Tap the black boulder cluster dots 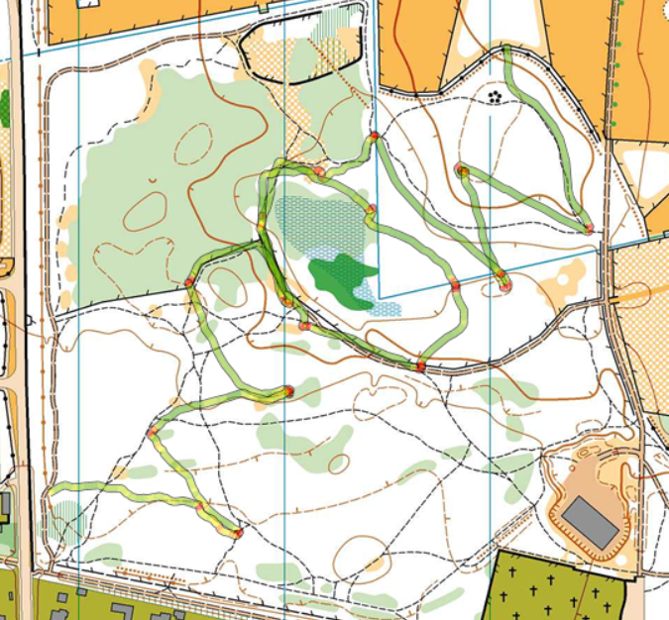pos(495,95)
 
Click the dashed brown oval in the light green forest pos(194,145)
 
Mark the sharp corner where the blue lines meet pos(379,297)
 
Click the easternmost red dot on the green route pos(589,229)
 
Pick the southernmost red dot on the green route pos(238,533)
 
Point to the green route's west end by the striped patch pos(50,489)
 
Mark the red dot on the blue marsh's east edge pos(371,209)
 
